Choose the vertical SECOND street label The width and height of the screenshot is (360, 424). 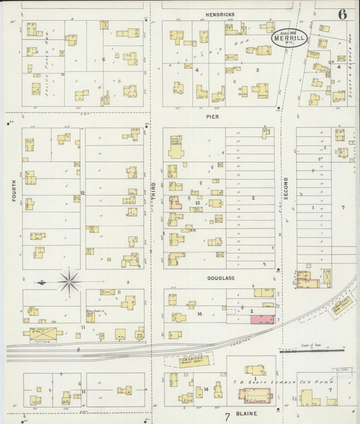286,186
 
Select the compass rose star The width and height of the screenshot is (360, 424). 70,282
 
